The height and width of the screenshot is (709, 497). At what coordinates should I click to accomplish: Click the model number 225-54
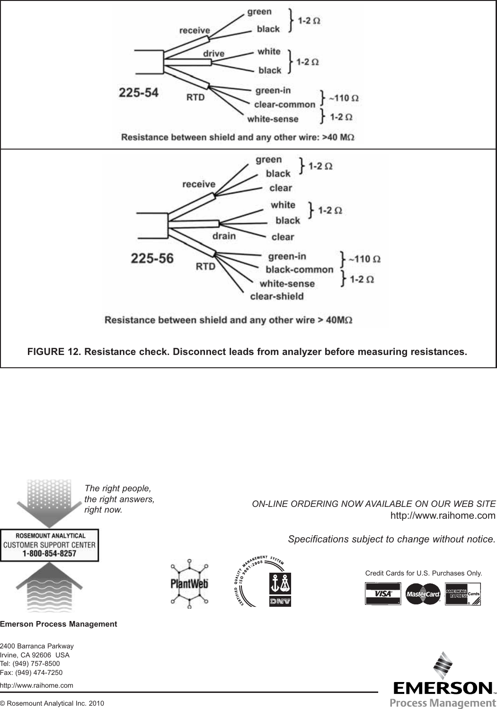pos(138,93)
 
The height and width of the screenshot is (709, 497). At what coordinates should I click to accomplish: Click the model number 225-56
pos(152,259)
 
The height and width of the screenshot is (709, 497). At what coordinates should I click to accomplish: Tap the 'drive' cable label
pos(213,53)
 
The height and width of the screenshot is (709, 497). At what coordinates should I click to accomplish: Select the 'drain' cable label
pos(224,235)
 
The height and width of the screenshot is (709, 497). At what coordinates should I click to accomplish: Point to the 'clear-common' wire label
pos(284,105)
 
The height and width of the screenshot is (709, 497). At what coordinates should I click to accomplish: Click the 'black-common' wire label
pos(299,270)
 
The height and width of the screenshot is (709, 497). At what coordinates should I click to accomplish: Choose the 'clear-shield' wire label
pos(276,297)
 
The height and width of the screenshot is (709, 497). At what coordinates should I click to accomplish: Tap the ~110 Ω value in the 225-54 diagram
pos(343,98)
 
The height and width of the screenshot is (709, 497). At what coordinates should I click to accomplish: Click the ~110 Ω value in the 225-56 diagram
pos(364,259)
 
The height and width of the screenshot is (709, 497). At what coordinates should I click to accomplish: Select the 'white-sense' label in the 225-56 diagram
pos(287,284)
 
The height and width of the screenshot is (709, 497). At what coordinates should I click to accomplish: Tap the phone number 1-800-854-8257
pos(49,553)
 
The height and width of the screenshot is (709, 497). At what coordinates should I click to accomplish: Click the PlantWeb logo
pos(189,584)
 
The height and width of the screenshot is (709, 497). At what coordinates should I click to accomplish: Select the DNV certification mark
pos(280,589)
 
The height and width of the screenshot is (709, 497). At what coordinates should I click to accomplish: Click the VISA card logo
pos(382,594)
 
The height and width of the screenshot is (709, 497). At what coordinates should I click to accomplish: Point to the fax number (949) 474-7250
pos(31,673)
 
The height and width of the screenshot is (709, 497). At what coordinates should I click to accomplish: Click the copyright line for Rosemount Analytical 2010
pos(52,703)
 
